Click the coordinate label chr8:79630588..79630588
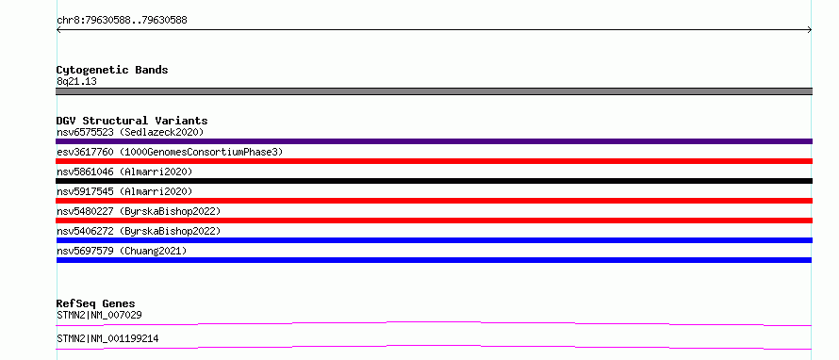(122, 21)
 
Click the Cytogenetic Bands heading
(112, 70)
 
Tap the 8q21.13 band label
(76, 81)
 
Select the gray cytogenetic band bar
(434, 91)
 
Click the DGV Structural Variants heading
(132, 121)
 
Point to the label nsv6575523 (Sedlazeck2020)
(130, 132)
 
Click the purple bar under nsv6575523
(434, 141)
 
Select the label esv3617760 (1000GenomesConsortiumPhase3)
(170, 152)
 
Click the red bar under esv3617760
(434, 161)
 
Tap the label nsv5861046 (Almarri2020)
(124, 172)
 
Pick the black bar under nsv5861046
(434, 181)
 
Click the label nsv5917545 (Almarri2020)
(124, 191)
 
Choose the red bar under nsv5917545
(434, 201)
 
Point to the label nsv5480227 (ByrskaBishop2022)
(139, 211)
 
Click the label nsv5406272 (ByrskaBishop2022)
(139, 231)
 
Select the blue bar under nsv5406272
(434, 240)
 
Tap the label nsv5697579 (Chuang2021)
(122, 251)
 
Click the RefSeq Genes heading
(96, 303)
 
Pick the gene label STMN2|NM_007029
(99, 315)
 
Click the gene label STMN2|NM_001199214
(107, 338)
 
